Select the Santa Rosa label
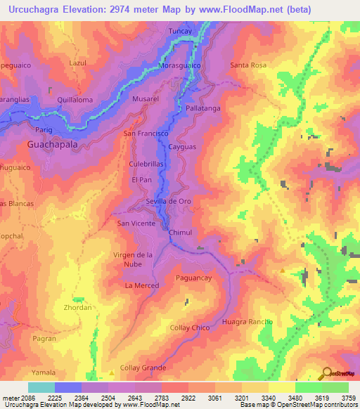coord(248,65)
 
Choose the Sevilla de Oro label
coord(168,201)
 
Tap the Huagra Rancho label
coord(247,321)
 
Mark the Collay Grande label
coord(143,368)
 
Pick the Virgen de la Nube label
coord(133,259)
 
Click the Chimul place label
coord(180,232)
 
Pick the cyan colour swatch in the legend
coord(41,387)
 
